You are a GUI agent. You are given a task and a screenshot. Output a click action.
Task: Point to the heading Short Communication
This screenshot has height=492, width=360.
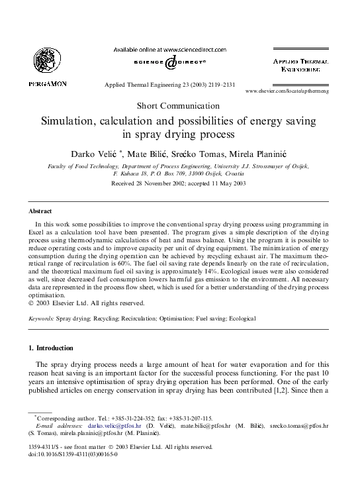(x=179, y=106)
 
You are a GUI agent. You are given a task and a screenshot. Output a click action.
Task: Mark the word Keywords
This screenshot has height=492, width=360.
(x=41, y=319)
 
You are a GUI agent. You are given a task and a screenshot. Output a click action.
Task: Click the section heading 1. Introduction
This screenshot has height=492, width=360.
(x=51, y=348)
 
